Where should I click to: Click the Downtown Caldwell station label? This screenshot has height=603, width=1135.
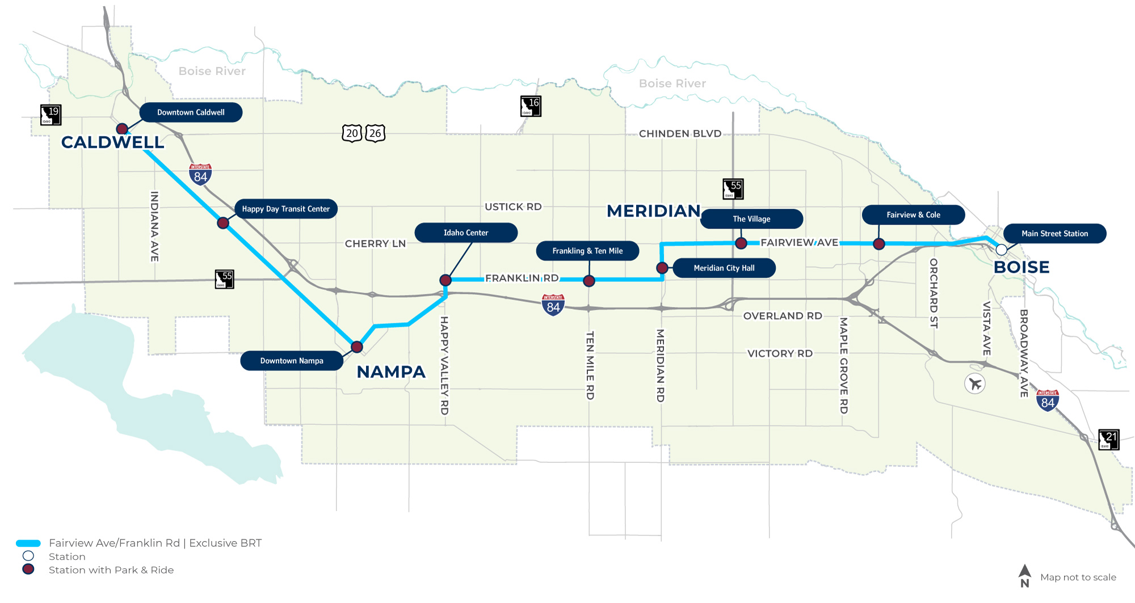click(x=191, y=112)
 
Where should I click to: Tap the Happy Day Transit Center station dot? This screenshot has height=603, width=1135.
click(x=223, y=223)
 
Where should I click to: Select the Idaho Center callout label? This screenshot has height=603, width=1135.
click(x=465, y=233)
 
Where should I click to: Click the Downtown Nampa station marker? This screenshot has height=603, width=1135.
click(x=356, y=347)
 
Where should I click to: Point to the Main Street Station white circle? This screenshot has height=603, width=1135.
click(x=1002, y=250)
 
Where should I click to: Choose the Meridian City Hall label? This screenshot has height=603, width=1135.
click(x=724, y=268)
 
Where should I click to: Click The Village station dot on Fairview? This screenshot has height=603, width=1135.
click(x=741, y=243)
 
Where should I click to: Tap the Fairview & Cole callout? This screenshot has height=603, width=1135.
click(x=913, y=215)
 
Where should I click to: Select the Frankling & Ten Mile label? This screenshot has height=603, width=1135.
click(x=587, y=251)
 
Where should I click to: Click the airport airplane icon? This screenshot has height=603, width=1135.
click(x=975, y=384)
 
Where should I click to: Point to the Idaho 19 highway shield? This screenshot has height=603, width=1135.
click(x=51, y=115)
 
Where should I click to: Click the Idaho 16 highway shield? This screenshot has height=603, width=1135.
click(x=531, y=106)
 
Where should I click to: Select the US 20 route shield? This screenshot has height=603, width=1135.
click(x=352, y=133)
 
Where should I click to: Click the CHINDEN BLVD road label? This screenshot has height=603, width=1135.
click(x=680, y=134)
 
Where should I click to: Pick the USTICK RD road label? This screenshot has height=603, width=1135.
click(x=513, y=207)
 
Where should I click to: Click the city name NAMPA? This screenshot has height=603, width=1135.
click(x=391, y=372)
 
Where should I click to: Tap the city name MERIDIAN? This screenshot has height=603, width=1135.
click(x=653, y=211)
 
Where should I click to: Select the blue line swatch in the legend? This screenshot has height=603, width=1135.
click(x=28, y=543)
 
